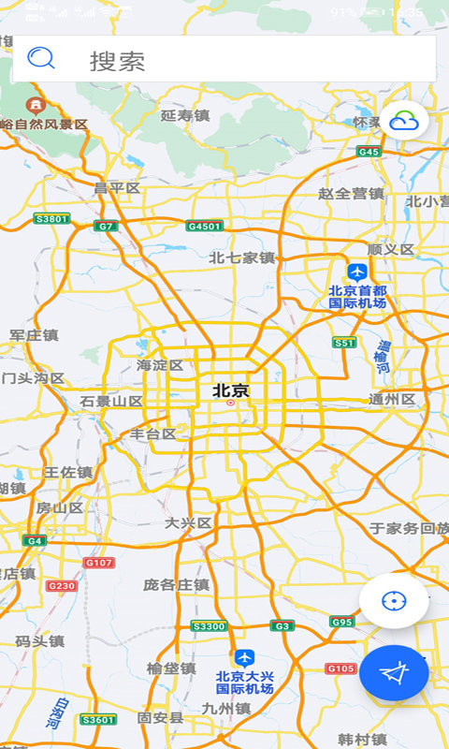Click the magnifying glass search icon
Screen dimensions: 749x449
pyautogui.click(x=41, y=59)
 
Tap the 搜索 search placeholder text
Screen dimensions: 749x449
pyautogui.click(x=117, y=62)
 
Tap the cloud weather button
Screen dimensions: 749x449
pyautogui.click(x=404, y=121)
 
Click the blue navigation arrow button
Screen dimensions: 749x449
pyautogui.click(x=395, y=672)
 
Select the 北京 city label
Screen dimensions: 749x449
pyautogui.click(x=231, y=390)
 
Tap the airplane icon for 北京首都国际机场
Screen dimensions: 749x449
pyautogui.click(x=356, y=272)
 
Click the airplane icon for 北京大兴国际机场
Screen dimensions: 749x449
pyautogui.click(x=244, y=658)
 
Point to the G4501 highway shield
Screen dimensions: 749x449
pyautogui.click(x=205, y=226)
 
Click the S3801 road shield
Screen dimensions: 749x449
pyautogui.click(x=51, y=219)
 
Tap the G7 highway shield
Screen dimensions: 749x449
pyautogui.click(x=105, y=226)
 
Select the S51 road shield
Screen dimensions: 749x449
pyautogui.click(x=345, y=343)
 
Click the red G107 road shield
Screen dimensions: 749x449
pyautogui.click(x=98, y=563)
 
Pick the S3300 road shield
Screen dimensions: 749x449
pyautogui.click(x=209, y=625)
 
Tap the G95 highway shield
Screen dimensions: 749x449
pyautogui.click(x=341, y=622)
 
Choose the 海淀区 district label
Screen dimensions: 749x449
pyautogui.click(x=160, y=365)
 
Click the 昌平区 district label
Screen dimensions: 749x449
pyautogui.click(x=117, y=188)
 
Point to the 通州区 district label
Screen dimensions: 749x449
pyautogui.click(x=392, y=400)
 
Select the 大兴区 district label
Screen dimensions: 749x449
pyautogui.click(x=188, y=522)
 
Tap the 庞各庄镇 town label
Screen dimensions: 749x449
pyautogui.click(x=176, y=584)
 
